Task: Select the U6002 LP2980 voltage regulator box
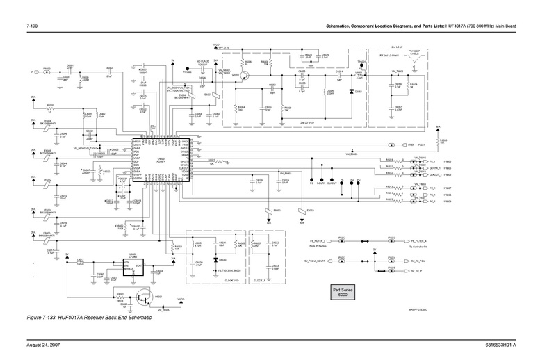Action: click(x=132, y=263)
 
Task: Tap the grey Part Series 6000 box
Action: click(x=343, y=291)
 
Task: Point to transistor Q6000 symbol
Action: click(x=244, y=78)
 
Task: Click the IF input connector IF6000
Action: click(x=46, y=72)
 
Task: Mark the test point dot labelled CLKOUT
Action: click(x=332, y=182)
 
